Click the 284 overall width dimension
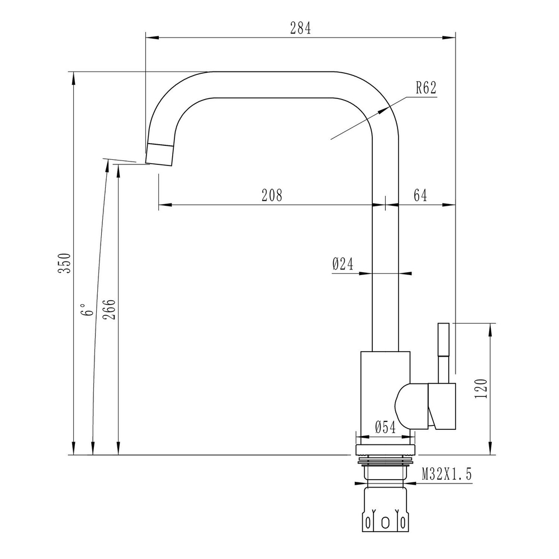[x=300, y=29]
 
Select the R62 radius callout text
[x=425, y=87]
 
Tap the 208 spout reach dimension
[x=272, y=195]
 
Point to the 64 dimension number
[x=420, y=195]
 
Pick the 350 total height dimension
[x=66, y=263]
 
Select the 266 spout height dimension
[x=110, y=308]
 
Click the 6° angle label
[x=85, y=310]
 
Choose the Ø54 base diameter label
[x=385, y=428]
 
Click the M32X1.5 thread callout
[x=447, y=475]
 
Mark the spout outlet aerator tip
[x=160, y=154]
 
